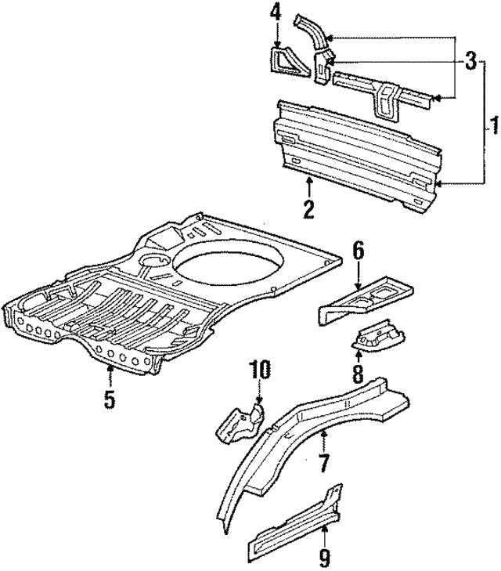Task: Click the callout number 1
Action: (493, 124)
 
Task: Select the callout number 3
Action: (470, 60)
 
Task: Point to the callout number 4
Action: (276, 13)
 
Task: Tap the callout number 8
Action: (357, 372)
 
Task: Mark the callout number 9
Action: (324, 558)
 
